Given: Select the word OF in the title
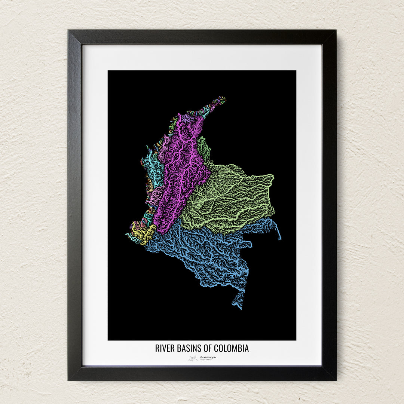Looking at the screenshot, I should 208,348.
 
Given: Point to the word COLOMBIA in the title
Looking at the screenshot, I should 232,348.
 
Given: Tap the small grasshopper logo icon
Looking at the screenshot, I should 193,358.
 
